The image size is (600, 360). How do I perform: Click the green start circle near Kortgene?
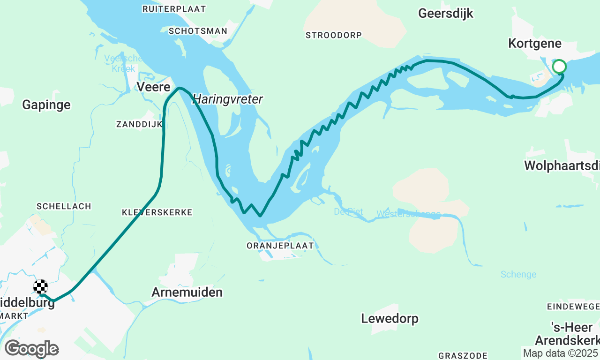[559, 66]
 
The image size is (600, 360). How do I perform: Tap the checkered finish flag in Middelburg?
[41, 286]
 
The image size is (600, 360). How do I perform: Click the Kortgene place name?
[535, 44]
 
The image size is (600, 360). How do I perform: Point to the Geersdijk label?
[445, 14]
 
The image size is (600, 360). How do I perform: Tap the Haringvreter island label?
[228, 99]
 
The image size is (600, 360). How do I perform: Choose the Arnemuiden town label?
[187, 292]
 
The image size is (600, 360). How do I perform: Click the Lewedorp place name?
[390, 319]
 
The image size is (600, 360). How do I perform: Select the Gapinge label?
[46, 105]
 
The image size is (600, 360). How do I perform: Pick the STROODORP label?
[333, 35]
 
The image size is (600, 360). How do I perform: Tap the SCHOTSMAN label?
[198, 31]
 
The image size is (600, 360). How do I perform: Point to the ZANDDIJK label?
[139, 124]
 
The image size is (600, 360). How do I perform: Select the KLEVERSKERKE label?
[157, 212]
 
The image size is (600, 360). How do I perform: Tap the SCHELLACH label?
[64, 206]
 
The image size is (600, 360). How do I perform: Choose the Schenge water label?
[518, 275]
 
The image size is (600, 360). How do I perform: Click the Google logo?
[31, 349]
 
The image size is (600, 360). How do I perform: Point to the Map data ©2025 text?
[561, 353]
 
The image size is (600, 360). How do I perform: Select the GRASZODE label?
[463, 356]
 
